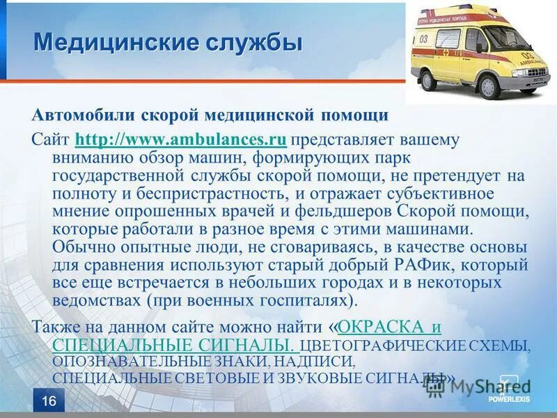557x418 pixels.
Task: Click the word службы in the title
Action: click(x=253, y=42)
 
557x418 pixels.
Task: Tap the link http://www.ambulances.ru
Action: click(x=180, y=139)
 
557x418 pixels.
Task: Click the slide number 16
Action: click(x=49, y=400)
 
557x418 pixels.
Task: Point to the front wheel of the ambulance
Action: click(x=488, y=86)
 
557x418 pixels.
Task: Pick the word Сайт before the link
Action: click(x=51, y=139)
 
